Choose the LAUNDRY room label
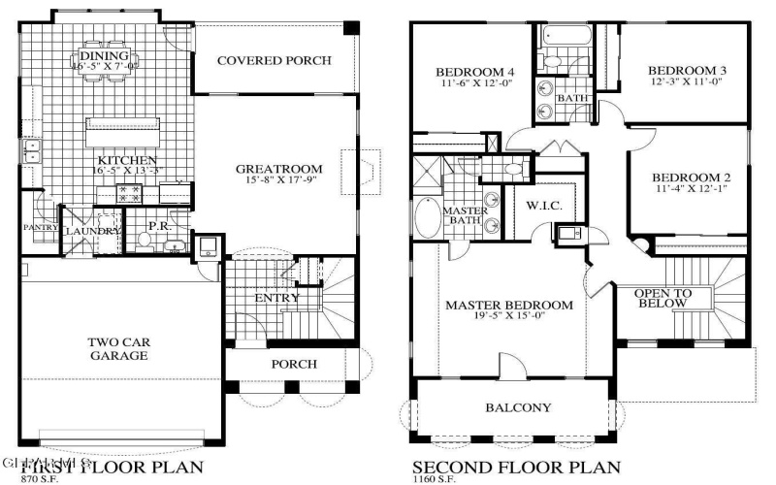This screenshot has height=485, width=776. click(x=91, y=232)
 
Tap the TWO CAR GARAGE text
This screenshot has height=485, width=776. click(x=118, y=348)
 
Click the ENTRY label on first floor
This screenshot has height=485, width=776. click(x=276, y=298)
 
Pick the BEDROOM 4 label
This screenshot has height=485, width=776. click(x=474, y=72)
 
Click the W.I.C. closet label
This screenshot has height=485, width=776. click(x=545, y=206)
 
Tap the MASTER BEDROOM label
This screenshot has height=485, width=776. click(x=508, y=306)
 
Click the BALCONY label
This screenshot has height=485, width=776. click(x=518, y=407)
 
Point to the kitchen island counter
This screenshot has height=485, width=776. click(x=132, y=124)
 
